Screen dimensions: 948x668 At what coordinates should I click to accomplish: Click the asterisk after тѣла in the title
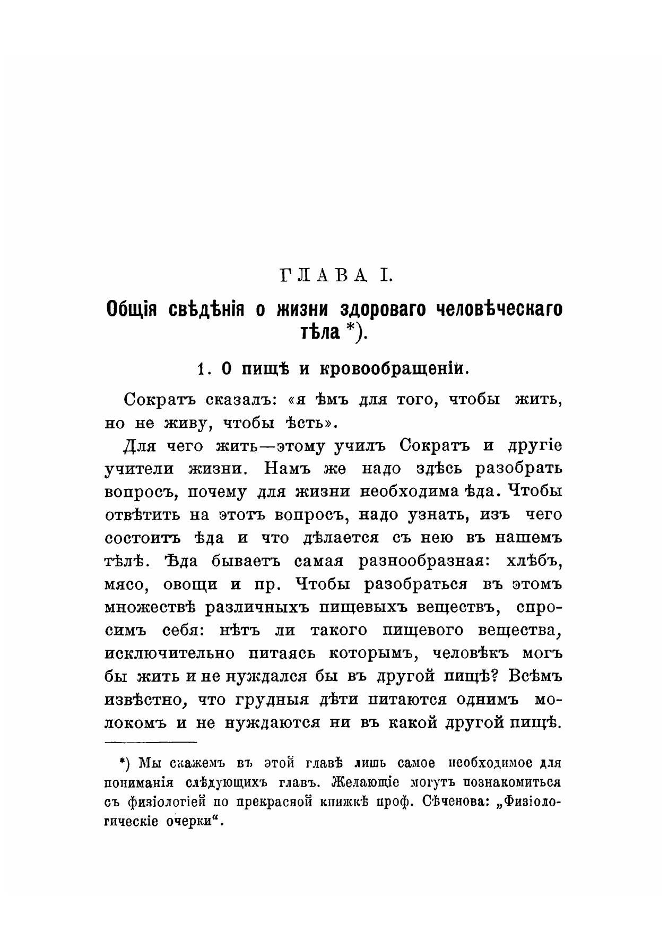point(350,330)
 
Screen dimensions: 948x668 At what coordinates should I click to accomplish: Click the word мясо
point(123,584)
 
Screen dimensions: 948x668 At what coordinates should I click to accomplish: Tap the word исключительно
point(170,653)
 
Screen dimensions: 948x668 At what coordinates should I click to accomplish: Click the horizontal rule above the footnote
point(151,742)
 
